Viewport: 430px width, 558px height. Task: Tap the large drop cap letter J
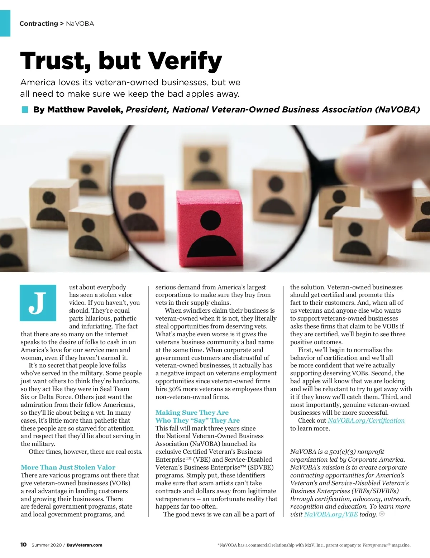[38, 303]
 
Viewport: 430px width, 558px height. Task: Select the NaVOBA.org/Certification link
[366, 420]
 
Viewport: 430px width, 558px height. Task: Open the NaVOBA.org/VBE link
[331, 514]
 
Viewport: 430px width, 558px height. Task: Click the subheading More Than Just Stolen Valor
[68, 467]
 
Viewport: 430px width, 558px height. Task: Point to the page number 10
[23, 545]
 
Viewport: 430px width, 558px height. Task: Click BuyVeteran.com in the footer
[84, 545]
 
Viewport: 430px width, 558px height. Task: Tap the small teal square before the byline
[25, 110]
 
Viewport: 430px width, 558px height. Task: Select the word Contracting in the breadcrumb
[39, 24]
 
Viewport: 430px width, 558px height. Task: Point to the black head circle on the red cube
[210, 219]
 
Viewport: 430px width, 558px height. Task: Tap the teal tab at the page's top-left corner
[5, 23]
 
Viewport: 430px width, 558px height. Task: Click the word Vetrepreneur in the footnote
[375, 545]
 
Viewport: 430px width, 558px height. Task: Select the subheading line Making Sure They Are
[192, 413]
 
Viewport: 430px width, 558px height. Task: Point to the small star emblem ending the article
[382, 514]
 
